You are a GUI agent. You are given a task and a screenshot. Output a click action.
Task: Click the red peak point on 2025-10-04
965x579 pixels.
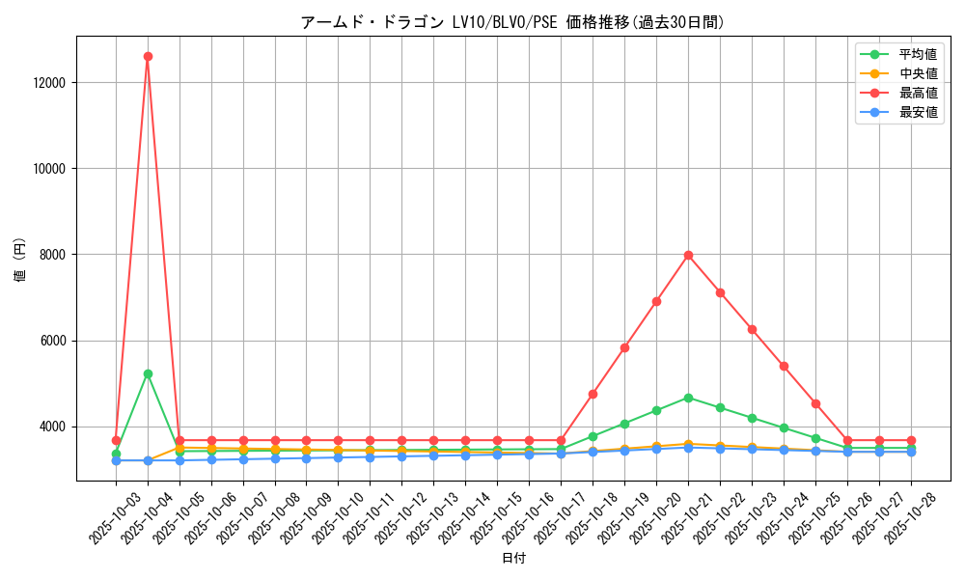point(148,56)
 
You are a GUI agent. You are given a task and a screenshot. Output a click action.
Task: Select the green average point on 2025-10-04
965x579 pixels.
point(148,373)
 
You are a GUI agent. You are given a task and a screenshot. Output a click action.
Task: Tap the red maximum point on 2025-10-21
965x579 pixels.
point(688,255)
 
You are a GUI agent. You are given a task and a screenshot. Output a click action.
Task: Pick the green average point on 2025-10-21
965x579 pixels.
point(688,398)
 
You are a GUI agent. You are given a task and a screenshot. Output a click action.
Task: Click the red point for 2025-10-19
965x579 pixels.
point(624,347)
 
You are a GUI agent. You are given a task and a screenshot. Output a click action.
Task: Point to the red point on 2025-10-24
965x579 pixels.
point(784,366)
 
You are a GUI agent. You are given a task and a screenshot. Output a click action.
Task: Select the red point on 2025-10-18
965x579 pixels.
point(593,394)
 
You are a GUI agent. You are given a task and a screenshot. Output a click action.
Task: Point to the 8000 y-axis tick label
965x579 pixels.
point(50,255)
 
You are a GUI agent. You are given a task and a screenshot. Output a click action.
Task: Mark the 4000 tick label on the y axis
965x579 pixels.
point(50,427)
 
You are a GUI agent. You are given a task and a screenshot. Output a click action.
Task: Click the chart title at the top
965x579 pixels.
point(511,22)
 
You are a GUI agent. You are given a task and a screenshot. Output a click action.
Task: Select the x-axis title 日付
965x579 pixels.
point(513,558)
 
